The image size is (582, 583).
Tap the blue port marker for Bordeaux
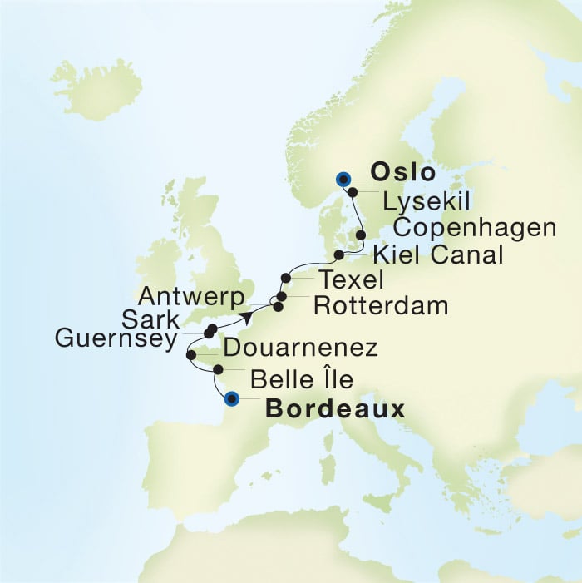tap(233, 398)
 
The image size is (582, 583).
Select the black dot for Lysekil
tap(353, 192)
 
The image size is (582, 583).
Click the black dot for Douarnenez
tap(191, 355)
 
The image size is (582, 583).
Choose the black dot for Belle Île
tap(218, 369)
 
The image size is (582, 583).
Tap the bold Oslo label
tap(402, 173)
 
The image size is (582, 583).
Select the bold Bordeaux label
tap(335, 409)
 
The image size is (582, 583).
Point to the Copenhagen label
tap(474, 228)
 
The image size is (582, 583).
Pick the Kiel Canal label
tap(438, 254)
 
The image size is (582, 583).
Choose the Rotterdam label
tap(381, 306)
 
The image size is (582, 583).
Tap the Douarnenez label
tap(301, 347)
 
